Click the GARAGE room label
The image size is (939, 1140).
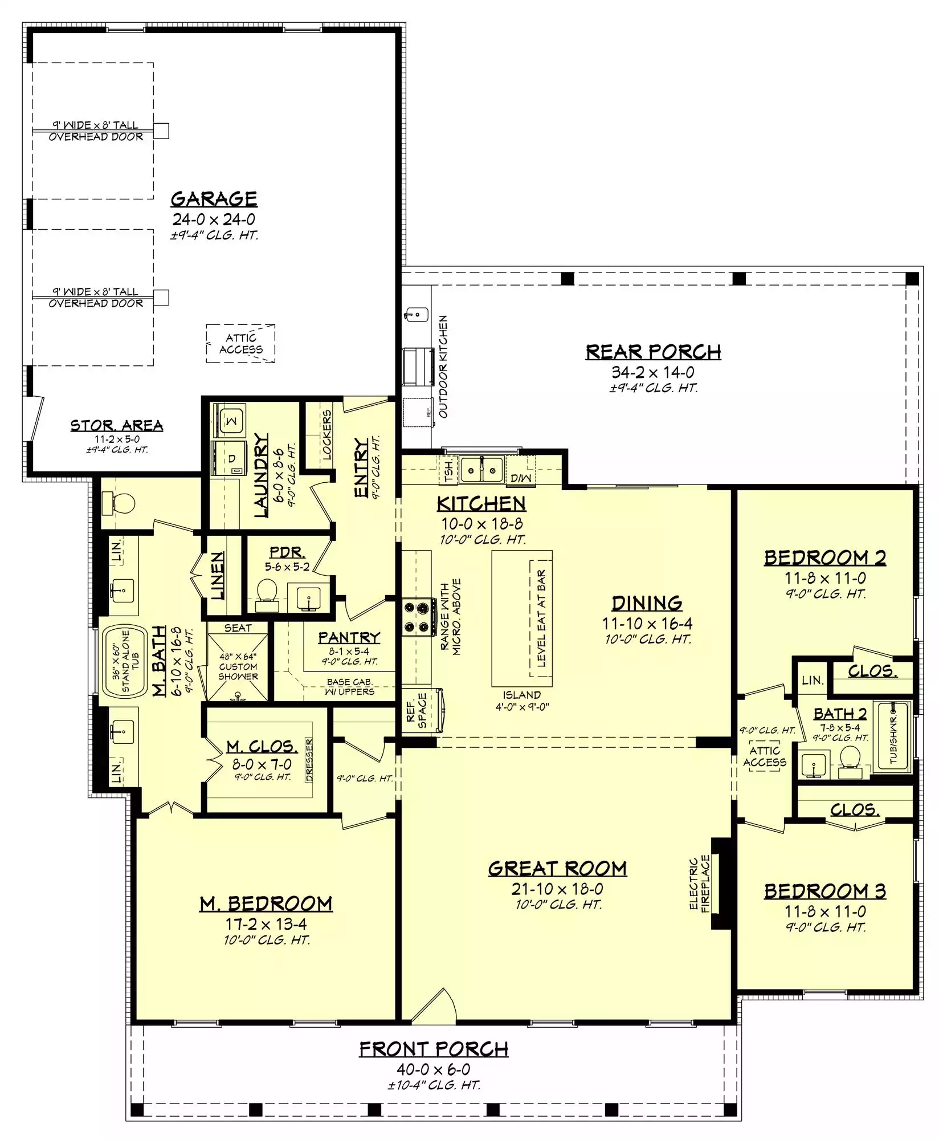point(214,198)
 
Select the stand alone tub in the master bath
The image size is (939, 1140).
point(125,661)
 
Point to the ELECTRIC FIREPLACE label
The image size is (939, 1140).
point(699,885)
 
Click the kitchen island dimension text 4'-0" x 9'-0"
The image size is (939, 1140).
point(522,707)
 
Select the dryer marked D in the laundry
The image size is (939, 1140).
point(229,458)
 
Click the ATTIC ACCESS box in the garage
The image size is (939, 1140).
point(241,344)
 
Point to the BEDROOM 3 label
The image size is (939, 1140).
point(825,890)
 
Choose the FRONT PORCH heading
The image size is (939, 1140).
point(434,1049)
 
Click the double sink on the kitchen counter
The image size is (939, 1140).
point(482,469)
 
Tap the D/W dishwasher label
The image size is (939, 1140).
point(520,478)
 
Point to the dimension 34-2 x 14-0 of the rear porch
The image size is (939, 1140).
point(653,372)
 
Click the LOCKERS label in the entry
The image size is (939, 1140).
point(326,434)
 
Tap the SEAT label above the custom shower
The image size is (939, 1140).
point(238,628)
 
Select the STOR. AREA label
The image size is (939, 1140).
point(117,425)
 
